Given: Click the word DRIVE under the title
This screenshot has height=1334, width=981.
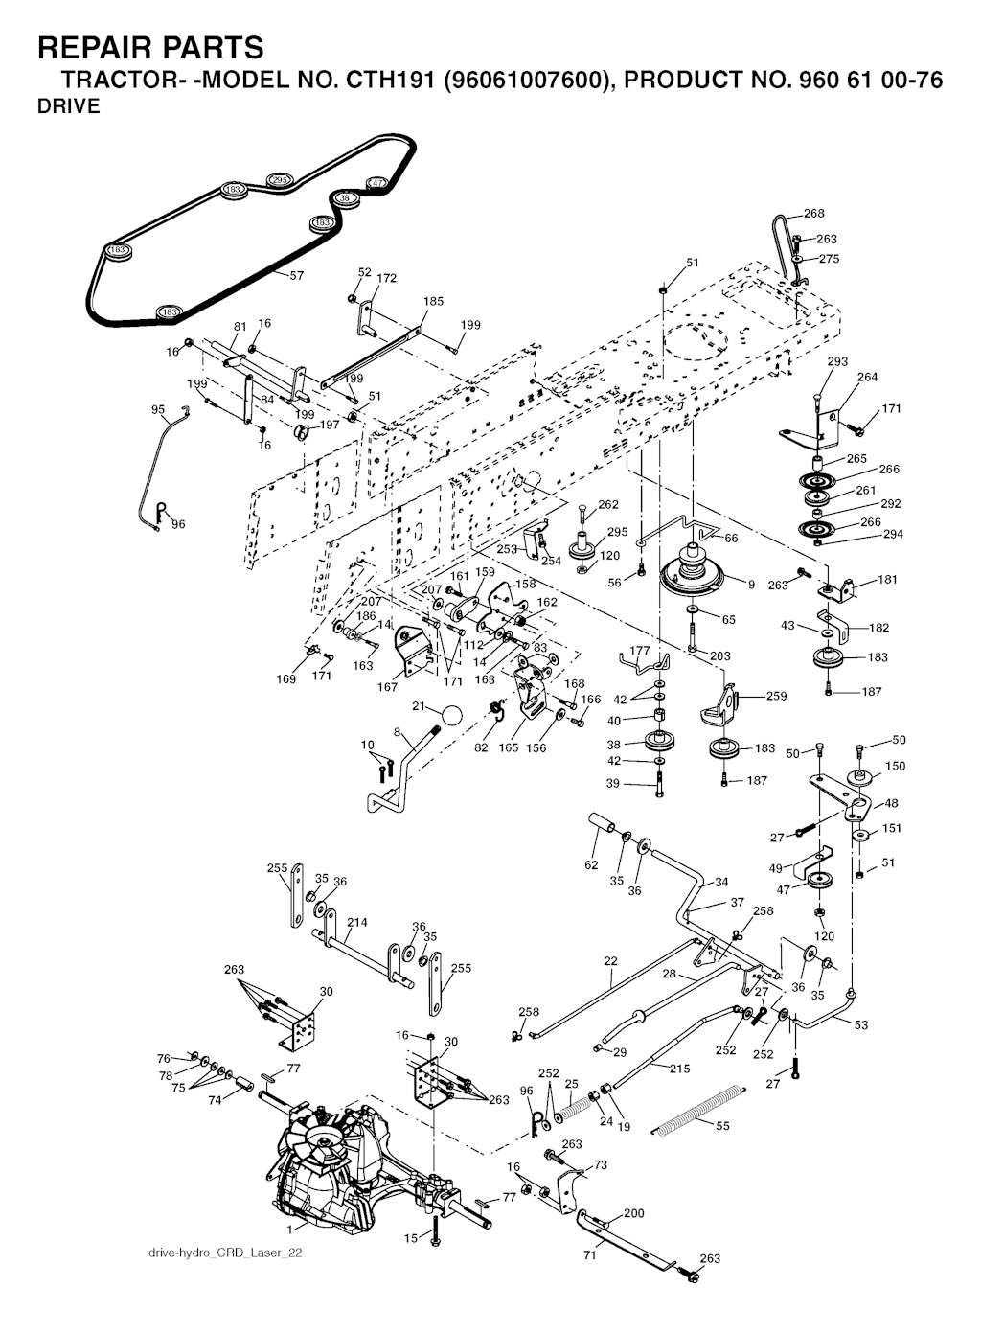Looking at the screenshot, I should [68, 106].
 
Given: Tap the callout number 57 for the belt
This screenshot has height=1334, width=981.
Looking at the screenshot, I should [296, 276].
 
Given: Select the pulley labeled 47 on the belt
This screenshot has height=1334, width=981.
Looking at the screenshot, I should [377, 183].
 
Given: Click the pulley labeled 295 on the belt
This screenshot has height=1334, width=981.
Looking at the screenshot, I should [279, 180].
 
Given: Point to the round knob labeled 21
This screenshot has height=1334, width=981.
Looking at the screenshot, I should [451, 715].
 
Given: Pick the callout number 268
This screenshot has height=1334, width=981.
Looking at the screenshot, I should [813, 214].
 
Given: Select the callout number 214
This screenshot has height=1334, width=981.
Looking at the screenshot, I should [356, 923].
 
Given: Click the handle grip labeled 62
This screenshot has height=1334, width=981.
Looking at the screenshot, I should [602, 823].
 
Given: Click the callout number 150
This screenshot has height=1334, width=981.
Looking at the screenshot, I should [894, 767].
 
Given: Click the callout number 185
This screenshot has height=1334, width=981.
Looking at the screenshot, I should [433, 301].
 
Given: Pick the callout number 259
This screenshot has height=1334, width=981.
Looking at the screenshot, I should [776, 697].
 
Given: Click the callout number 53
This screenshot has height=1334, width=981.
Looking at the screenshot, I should [860, 1025].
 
